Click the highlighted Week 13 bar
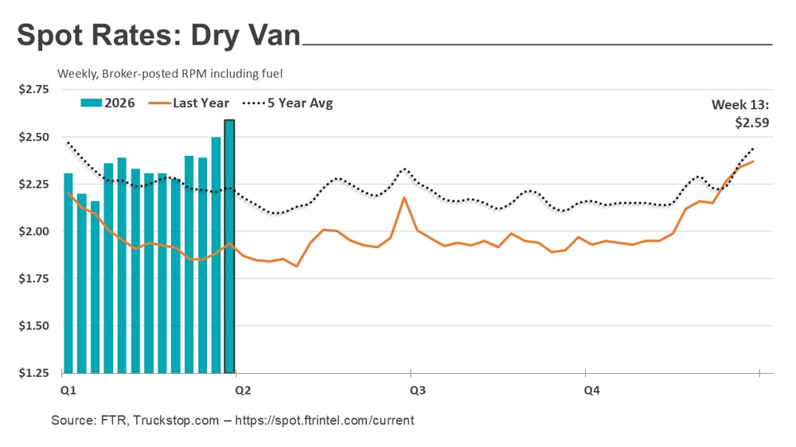pos(229,247)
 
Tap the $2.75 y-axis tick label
pos(33,90)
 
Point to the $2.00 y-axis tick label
pos(33,231)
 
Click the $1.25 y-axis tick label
pos(33,373)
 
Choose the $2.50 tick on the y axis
pos(33,137)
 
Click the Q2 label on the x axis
pos(241,391)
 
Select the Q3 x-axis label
pos(416,391)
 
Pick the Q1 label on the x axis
pos(68,391)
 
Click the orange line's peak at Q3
pos(404,197)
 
